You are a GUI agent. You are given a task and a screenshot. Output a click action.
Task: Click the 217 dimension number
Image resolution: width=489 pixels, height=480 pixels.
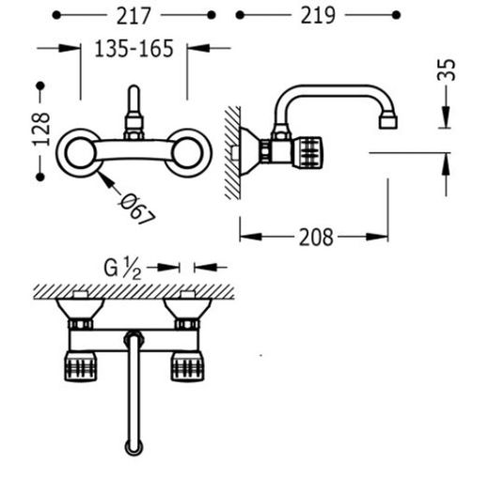134,16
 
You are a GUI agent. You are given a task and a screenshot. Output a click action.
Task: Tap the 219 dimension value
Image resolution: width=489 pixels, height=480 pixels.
318,15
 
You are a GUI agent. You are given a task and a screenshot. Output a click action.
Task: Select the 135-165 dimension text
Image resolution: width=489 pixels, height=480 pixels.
134,49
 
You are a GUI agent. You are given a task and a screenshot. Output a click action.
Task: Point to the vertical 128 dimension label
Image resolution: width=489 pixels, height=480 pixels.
41,130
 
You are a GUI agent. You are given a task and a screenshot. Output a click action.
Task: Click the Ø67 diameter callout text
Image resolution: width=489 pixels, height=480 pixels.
138,209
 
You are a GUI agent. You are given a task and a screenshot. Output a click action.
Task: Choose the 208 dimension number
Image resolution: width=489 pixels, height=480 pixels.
316,238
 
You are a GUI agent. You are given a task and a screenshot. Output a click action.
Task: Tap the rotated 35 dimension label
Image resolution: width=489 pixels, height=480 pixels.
446,70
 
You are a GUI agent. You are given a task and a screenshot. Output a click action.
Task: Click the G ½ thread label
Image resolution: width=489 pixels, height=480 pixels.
122,268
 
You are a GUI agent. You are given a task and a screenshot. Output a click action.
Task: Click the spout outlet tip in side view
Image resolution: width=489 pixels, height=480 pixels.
388,122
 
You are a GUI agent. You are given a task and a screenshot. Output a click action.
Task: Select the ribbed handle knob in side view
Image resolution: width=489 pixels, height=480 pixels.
308,153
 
